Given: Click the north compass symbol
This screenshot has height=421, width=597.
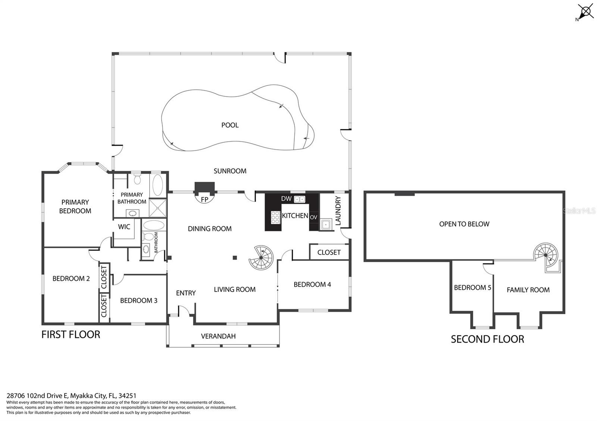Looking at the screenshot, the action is tap(585, 12).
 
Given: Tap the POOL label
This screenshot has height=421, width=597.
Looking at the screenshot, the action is tap(230, 125).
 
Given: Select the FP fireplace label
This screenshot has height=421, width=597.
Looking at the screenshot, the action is tap(204, 200).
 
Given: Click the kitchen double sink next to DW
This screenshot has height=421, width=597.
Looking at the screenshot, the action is tap(299, 199).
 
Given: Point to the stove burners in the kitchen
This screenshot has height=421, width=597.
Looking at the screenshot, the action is tap(275, 218).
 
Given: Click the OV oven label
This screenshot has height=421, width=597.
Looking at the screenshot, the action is tap(313, 217).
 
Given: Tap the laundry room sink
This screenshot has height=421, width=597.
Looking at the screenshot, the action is tap(326, 225).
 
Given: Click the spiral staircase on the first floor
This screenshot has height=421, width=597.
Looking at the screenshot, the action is tap(261, 257).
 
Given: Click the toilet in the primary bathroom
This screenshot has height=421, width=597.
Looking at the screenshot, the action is tap(137, 179).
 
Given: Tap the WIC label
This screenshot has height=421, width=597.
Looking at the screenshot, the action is tap(124, 227).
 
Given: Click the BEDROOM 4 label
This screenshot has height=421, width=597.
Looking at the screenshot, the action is tap(312, 285).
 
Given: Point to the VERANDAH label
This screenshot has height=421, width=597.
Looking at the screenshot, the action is tap(218, 336).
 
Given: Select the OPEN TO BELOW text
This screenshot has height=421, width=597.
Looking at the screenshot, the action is tap(464, 224).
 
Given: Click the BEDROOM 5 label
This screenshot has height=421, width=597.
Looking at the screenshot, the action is tap(472, 288).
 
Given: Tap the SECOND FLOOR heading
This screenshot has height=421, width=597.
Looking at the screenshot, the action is tap(487, 339).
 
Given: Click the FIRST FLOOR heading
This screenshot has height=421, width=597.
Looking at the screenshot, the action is tap(71, 335).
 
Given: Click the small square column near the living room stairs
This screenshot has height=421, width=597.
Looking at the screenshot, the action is tap(235, 257).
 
